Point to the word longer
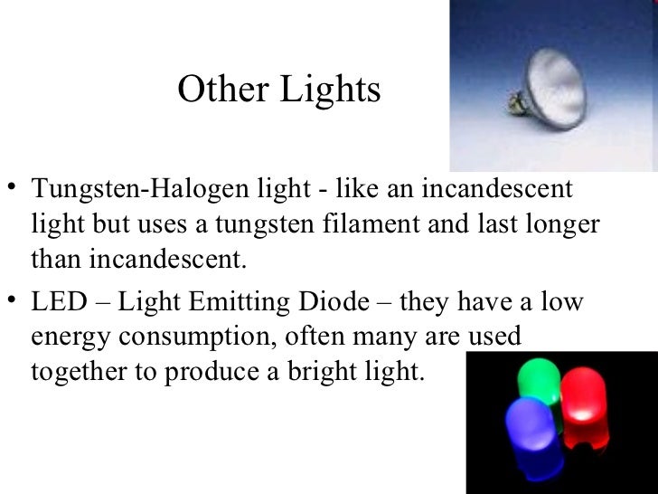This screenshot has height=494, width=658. click(x=559, y=226)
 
